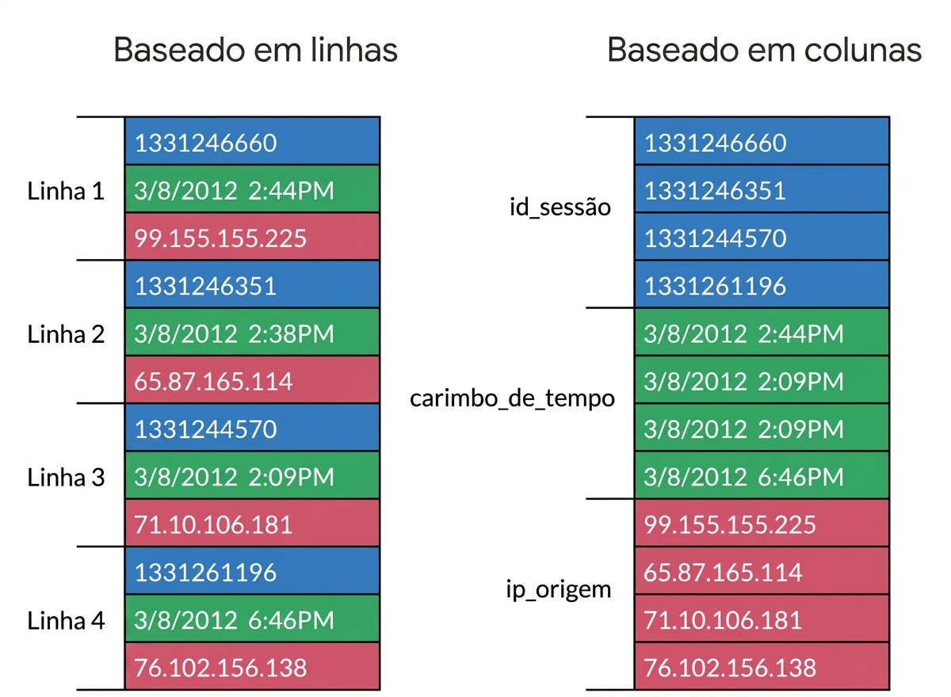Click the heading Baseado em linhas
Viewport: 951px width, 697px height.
point(255,50)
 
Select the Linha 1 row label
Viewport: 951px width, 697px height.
point(66,191)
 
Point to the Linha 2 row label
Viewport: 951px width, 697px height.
point(66,334)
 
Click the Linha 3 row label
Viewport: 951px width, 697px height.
point(66,478)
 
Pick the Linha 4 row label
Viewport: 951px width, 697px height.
point(66,621)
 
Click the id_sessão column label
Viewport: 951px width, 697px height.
point(560,208)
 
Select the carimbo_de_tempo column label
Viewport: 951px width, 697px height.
point(512,398)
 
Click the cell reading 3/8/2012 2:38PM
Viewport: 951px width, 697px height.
point(252,332)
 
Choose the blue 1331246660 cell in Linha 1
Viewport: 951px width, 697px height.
point(252,141)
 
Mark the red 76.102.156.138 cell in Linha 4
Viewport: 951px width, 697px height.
point(252,666)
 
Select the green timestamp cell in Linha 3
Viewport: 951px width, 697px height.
point(252,475)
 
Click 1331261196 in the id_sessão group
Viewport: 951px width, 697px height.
point(762,284)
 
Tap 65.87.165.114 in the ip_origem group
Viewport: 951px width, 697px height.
point(762,570)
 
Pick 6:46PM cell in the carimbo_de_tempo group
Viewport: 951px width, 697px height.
point(762,475)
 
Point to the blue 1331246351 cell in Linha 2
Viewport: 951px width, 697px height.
point(252,284)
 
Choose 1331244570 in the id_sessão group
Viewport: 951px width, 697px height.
point(762,236)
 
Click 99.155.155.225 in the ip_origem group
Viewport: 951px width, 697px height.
point(762,523)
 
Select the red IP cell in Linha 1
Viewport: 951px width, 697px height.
point(252,236)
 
